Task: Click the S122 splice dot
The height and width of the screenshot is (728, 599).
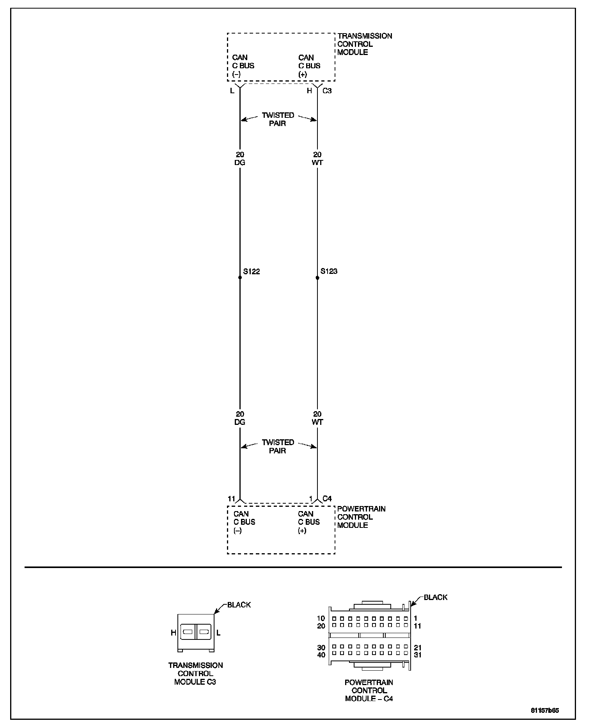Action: [240, 277]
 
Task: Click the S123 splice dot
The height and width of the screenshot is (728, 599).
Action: [317, 278]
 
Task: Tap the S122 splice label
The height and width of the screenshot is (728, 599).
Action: [252, 272]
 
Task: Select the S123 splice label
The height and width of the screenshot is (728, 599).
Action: [329, 271]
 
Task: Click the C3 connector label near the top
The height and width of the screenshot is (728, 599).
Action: [327, 91]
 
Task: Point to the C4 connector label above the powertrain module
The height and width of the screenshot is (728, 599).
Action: [327, 499]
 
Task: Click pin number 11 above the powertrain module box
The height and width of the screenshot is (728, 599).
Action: [232, 499]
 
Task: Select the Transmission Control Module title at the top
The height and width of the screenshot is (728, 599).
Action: [365, 44]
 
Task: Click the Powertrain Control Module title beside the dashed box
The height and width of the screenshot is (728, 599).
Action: [361, 517]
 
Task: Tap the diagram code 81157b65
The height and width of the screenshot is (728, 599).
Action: [544, 710]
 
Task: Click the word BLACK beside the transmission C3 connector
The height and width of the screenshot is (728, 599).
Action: [239, 605]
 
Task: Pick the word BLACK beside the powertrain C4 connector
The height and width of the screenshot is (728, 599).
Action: [436, 597]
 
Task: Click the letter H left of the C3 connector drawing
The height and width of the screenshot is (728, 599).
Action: [174, 633]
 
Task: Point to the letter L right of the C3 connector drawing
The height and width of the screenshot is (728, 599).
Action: [218, 633]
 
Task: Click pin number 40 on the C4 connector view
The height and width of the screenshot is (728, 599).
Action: [321, 655]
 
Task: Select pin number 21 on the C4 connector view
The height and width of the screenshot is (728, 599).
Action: [418, 648]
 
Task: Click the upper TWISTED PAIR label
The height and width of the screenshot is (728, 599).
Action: [278, 119]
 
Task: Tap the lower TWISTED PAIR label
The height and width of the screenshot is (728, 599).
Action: [278, 446]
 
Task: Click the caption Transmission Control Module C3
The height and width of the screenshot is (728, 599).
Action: [195, 673]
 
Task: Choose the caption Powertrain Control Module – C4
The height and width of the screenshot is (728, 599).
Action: [369, 691]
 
